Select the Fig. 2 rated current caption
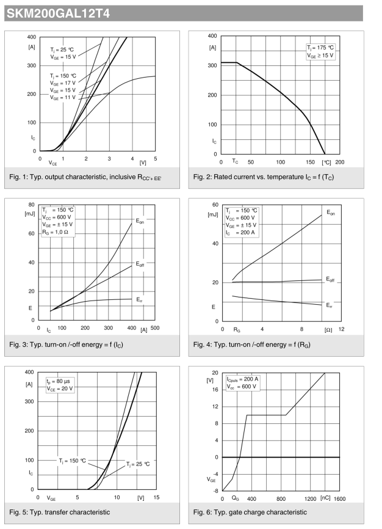pos(263,177)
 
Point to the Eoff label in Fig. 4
pos(330,279)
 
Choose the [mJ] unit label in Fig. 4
pos(213,214)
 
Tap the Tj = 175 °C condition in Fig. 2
pos(320,48)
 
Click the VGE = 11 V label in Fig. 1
pos(63,97)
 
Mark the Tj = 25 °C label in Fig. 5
pos(137,464)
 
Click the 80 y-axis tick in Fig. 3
pos(31,205)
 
